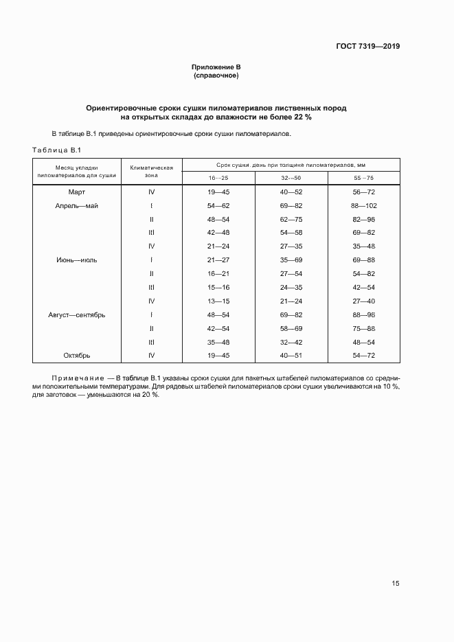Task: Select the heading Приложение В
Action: click(216, 67)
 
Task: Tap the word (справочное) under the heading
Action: click(216, 76)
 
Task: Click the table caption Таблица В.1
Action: click(57, 150)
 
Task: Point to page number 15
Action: click(395, 583)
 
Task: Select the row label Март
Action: click(77, 192)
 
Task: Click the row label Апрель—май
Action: click(77, 205)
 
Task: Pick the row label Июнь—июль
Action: click(77, 260)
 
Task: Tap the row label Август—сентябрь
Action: click(77, 314)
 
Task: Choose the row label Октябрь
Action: click(77, 355)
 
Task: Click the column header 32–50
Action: click(291, 178)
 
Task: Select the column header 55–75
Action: click(363, 178)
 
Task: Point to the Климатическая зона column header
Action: click(151, 171)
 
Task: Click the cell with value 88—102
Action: click(363, 205)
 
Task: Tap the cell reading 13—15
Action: click(218, 301)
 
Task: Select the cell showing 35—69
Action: click(291, 260)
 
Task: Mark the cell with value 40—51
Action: click(291, 355)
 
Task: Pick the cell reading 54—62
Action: click(218, 205)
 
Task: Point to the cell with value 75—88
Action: click(363, 328)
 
